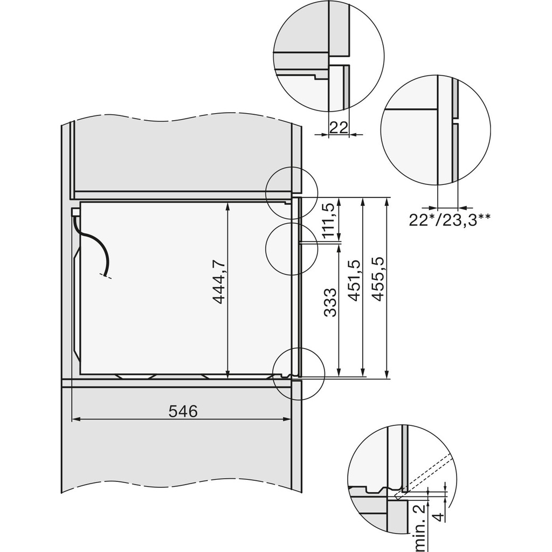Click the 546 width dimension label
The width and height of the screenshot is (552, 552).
tap(183, 411)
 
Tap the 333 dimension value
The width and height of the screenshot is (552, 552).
tap(332, 302)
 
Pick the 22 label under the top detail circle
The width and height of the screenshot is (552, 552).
tap(338, 127)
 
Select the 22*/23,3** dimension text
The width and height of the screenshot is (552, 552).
tap(450, 220)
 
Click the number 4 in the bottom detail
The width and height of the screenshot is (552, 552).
tap(439, 517)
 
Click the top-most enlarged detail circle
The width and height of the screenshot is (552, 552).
tap(329, 57)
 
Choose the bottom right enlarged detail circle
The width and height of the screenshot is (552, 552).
tap(402, 479)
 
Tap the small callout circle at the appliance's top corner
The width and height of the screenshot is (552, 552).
tap(292, 193)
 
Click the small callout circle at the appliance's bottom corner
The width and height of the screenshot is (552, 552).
tap(299, 374)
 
